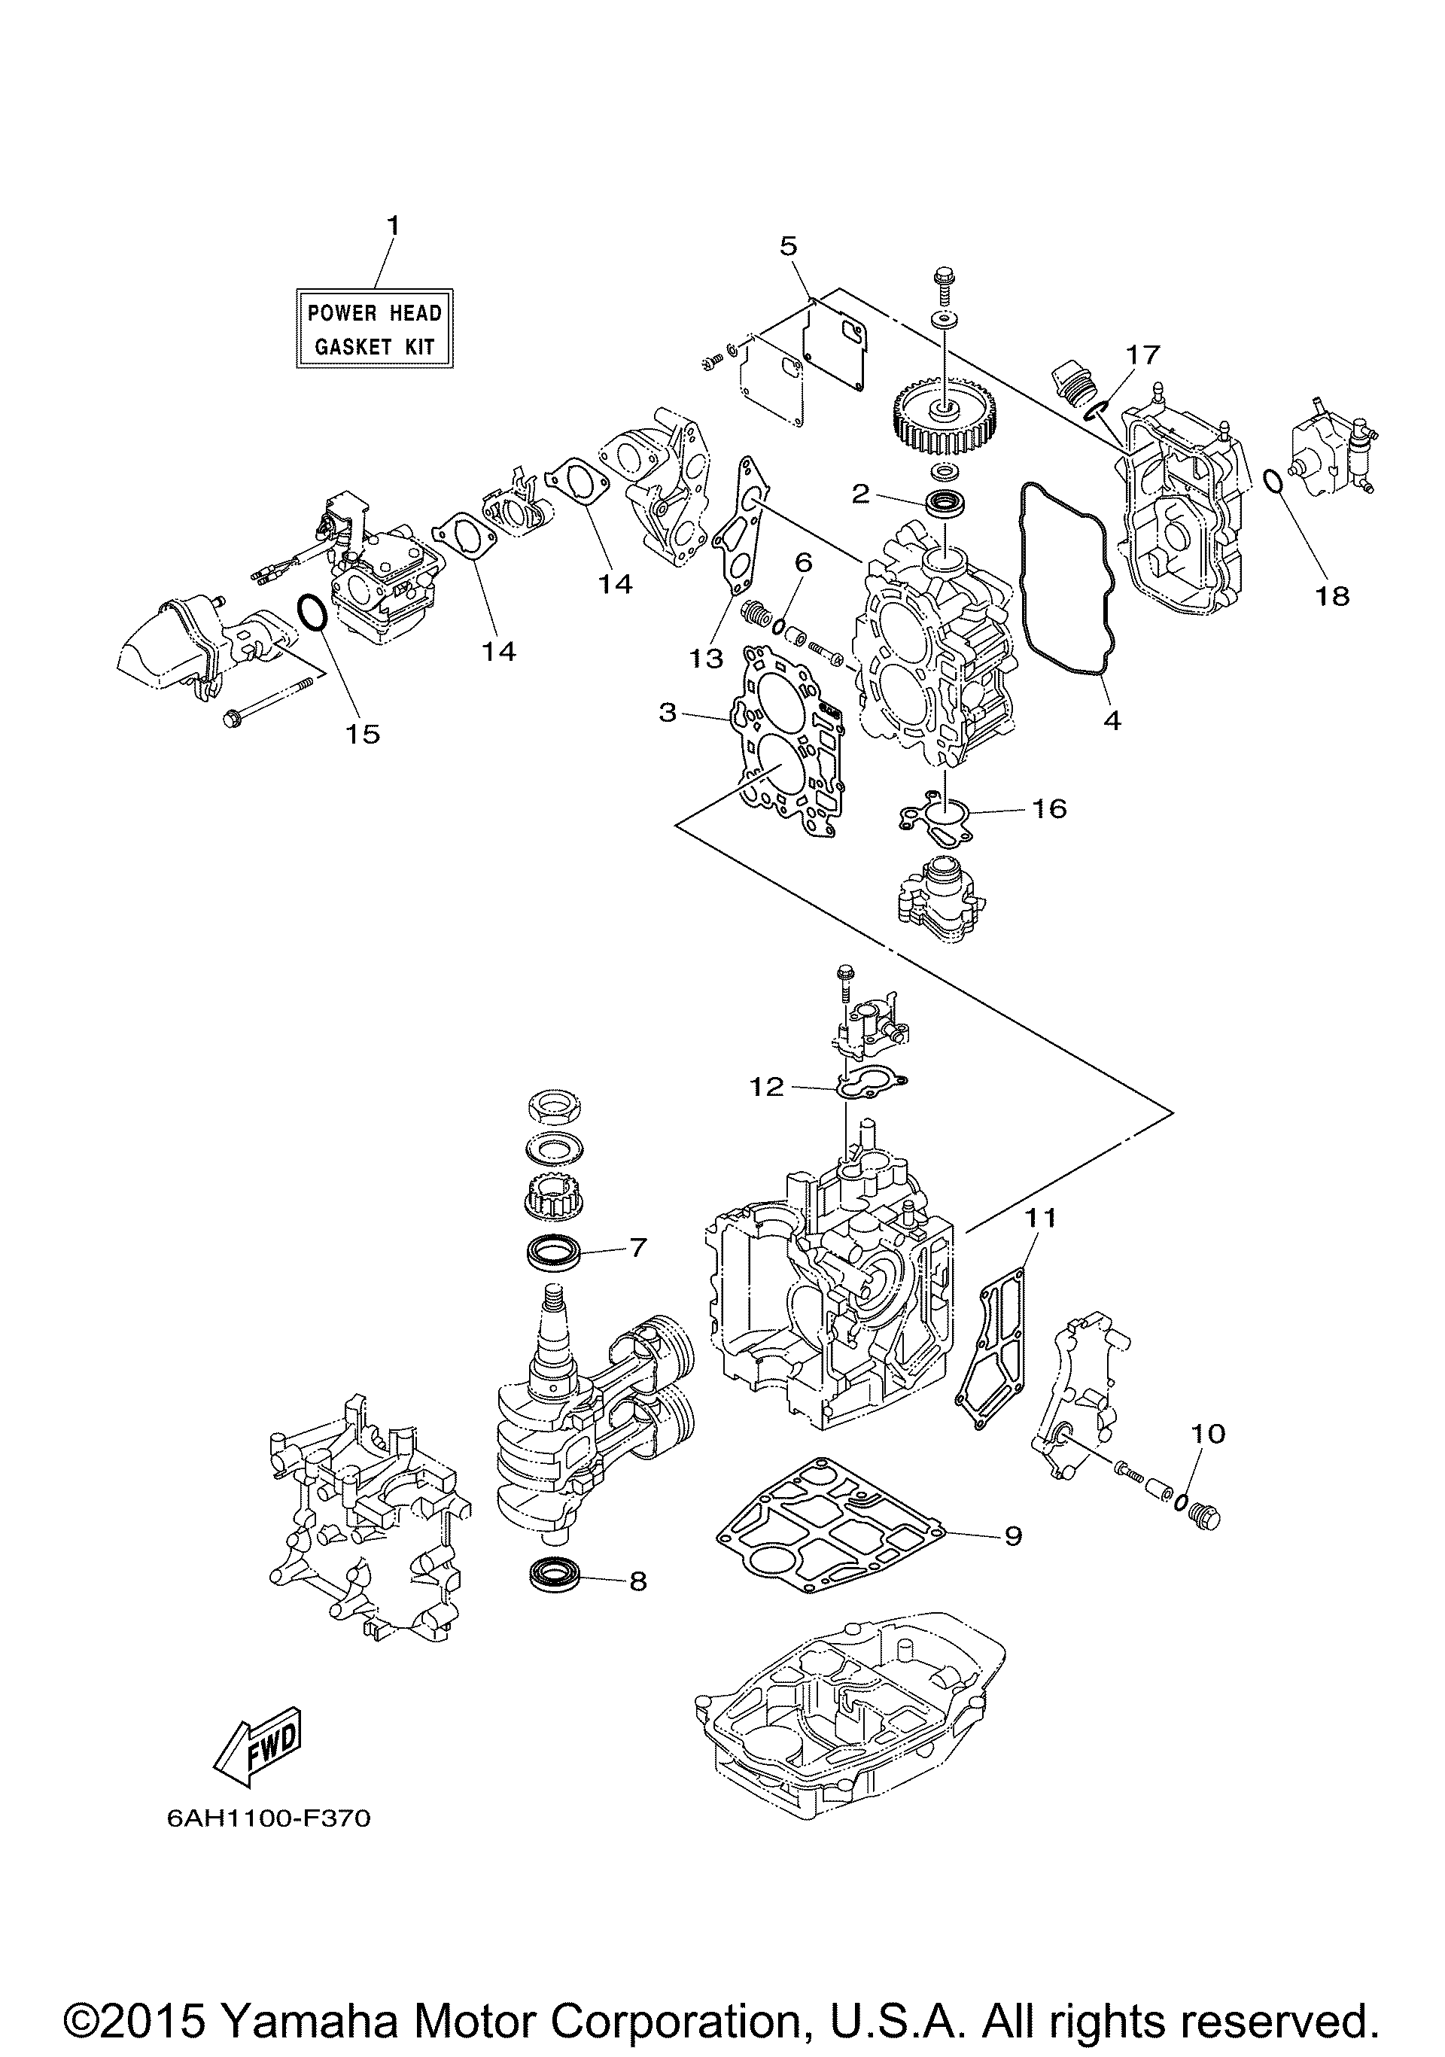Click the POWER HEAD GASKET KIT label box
coord(375,328)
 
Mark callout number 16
coord(1049,808)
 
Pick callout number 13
coord(706,659)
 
